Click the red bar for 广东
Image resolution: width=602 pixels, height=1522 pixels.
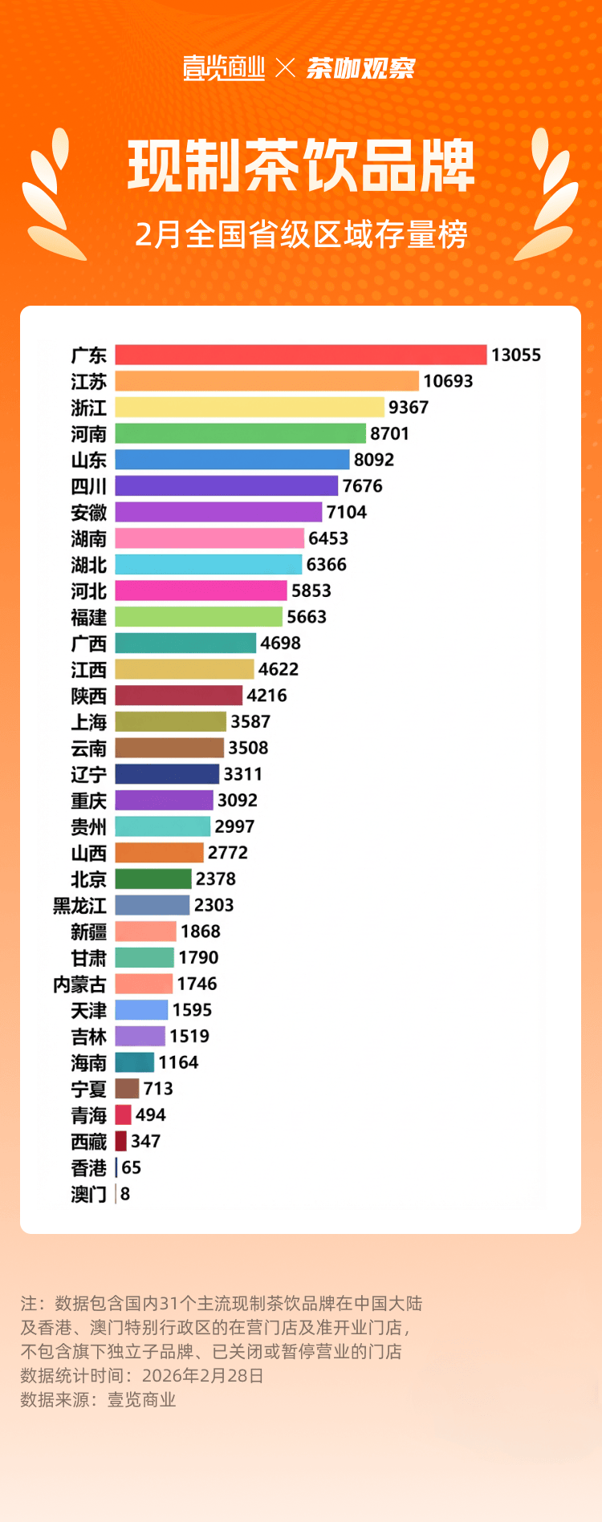click(301, 355)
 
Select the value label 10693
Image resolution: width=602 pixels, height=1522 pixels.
click(448, 381)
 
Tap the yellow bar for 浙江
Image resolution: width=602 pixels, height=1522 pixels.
click(250, 408)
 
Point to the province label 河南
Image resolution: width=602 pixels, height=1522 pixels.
click(88, 434)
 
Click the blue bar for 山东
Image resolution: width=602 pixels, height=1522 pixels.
click(232, 460)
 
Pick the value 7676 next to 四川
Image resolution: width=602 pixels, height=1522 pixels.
click(362, 486)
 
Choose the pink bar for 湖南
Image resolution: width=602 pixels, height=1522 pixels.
click(209, 538)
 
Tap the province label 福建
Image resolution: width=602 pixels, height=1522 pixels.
click(88, 617)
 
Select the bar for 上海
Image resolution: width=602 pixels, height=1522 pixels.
click(170, 722)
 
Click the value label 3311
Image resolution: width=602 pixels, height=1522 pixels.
click(242, 774)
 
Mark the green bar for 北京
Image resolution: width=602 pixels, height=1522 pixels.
click(153, 879)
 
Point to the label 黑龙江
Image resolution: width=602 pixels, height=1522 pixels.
click(79, 906)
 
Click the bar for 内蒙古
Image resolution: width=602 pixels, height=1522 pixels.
click(144, 984)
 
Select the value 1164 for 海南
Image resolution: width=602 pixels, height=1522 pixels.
click(178, 1062)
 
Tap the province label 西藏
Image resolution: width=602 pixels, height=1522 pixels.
click(88, 1142)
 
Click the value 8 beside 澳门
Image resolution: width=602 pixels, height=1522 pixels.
click(125, 1194)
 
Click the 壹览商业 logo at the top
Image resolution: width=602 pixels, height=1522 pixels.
click(224, 68)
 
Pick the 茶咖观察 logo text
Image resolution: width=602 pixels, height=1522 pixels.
click(360, 68)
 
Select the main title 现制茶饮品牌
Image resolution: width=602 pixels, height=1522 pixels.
click(301, 166)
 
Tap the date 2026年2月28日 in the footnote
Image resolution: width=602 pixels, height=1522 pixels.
click(202, 1375)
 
